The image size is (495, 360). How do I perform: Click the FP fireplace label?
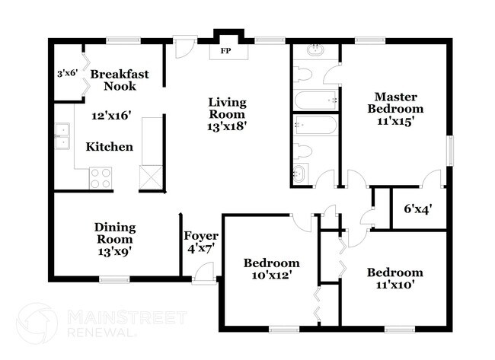(225, 51)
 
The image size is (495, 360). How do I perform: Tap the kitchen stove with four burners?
(101, 177)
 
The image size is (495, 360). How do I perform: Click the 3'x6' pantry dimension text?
(67, 75)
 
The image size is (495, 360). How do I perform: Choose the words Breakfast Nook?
(120, 80)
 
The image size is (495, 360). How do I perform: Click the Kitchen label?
(109, 146)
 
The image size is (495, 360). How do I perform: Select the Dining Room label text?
(115, 233)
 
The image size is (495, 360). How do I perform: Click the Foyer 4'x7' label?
(202, 242)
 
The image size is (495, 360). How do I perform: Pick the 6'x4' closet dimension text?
(417, 209)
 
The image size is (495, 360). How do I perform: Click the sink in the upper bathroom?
(315, 50)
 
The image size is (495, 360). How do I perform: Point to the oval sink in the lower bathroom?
(299, 174)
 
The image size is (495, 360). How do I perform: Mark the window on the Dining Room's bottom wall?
(115, 279)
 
